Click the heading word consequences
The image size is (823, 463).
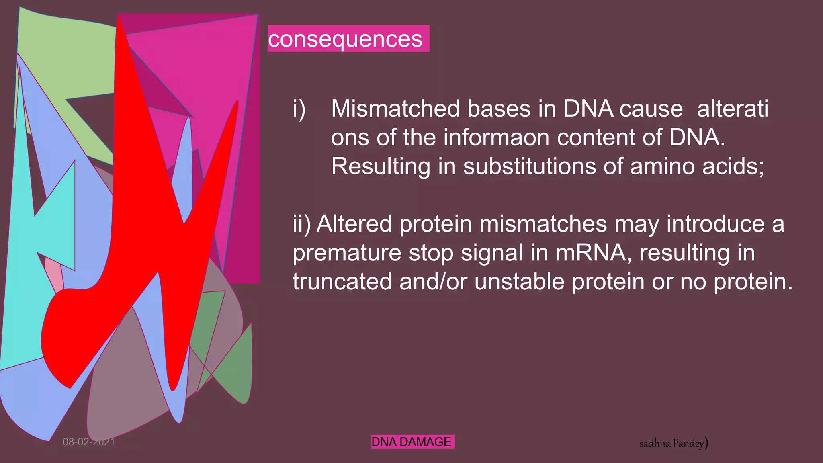point(345,39)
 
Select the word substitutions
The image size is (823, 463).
point(529,166)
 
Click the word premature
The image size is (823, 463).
point(347,253)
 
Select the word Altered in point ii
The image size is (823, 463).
point(354,224)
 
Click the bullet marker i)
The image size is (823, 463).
point(299,109)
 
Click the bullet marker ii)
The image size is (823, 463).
point(301,224)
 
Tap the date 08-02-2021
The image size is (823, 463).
point(89,442)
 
